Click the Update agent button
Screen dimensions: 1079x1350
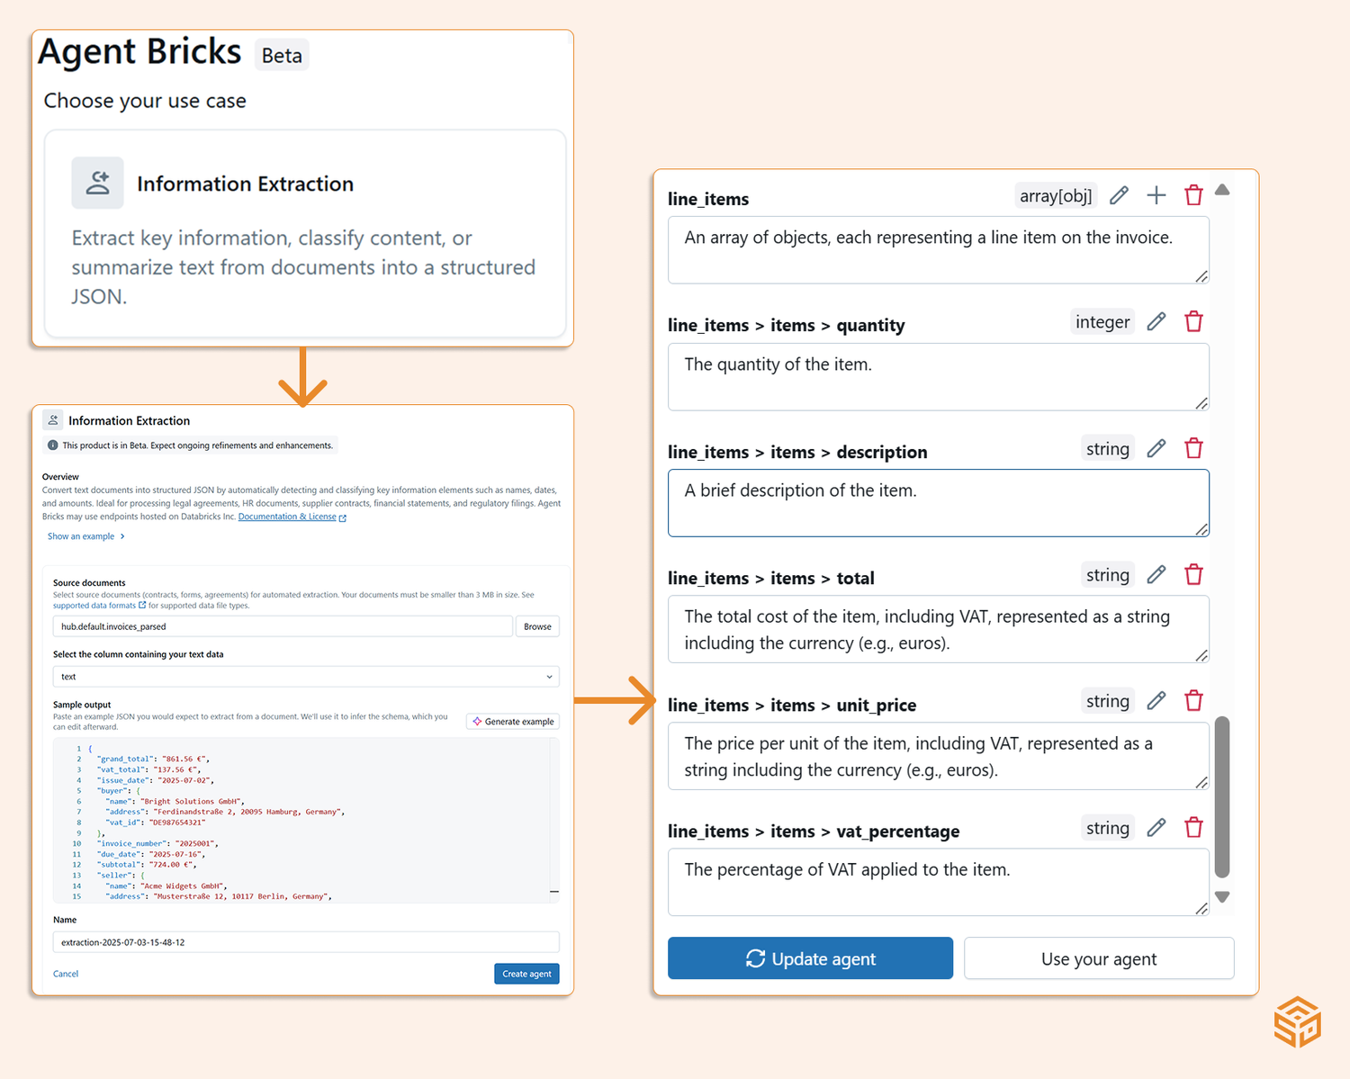[810, 958]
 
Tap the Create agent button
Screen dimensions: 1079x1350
[526, 974]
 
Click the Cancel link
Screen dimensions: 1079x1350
[66, 974]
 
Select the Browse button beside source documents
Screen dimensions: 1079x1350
[537, 626]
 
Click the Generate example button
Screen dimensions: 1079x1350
[513, 722]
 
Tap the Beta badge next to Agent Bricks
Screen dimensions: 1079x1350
[282, 56]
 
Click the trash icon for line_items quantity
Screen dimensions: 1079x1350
[1193, 322]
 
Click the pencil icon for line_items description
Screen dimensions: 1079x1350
[1156, 448]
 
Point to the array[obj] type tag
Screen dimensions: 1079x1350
[1056, 195]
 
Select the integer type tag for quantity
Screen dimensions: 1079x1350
[1102, 322]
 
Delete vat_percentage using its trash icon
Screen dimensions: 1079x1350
[1193, 828]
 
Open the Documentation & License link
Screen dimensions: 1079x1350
[287, 517]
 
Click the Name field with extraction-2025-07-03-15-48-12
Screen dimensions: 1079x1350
[306, 942]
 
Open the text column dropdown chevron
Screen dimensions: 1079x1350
[549, 677]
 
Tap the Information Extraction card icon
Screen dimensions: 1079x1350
[97, 184]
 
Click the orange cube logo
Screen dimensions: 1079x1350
[1297, 1021]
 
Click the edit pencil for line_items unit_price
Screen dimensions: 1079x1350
[1156, 701]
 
